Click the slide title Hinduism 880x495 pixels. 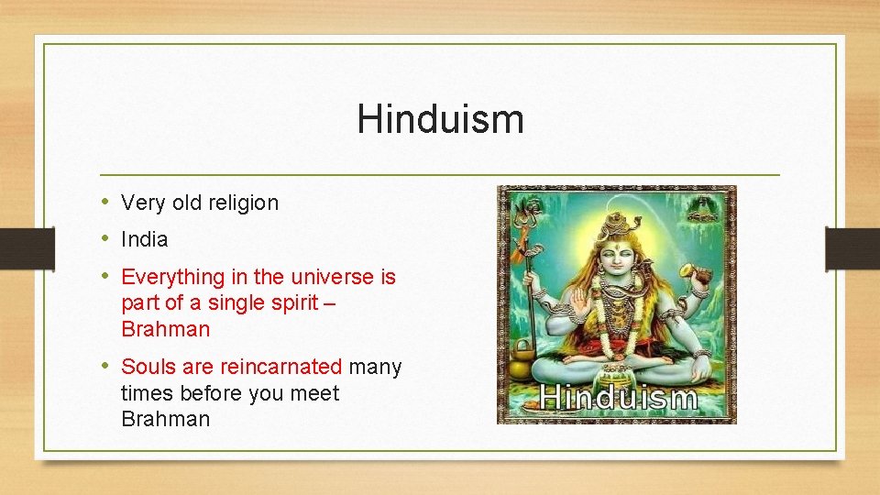(440, 119)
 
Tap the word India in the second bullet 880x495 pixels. (145, 240)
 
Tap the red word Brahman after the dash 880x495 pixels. (165, 329)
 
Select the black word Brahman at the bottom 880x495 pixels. (165, 420)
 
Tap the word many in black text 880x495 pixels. (375, 368)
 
